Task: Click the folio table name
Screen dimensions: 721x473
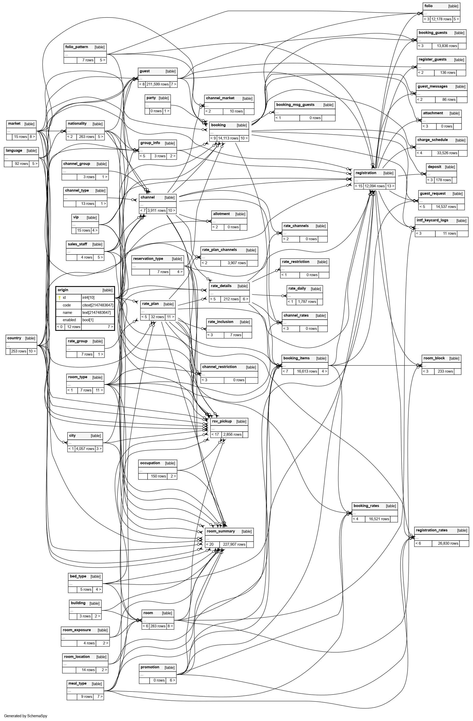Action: point(428,6)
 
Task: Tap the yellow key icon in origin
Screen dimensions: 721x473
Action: point(60,298)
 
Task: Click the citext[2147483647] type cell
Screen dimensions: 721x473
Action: point(98,305)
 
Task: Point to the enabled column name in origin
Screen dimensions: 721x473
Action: point(69,320)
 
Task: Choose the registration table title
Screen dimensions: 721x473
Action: point(366,173)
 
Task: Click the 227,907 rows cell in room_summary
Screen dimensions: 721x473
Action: point(234,544)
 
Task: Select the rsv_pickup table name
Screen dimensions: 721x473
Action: point(222,421)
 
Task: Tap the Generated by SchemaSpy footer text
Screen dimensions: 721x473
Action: point(26,716)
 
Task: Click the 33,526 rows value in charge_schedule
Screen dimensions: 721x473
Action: point(447,153)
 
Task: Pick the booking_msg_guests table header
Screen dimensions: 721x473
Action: point(295,105)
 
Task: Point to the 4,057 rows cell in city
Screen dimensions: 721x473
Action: point(85,449)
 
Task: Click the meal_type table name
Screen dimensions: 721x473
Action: point(77,683)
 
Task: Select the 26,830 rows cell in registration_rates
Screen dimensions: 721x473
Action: point(448,543)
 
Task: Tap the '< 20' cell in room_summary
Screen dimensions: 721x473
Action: point(210,544)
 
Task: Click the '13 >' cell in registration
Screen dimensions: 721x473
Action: point(391,186)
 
